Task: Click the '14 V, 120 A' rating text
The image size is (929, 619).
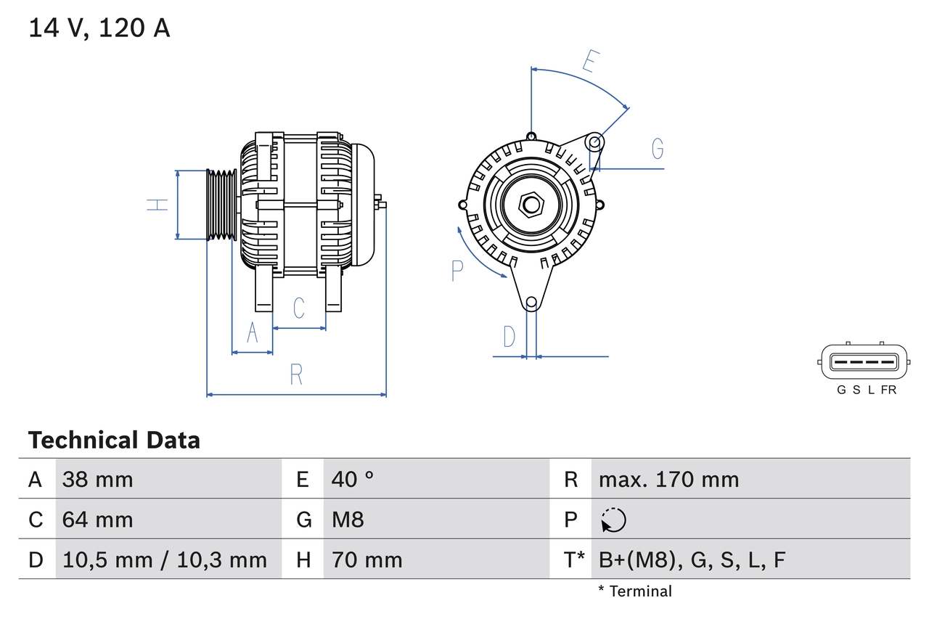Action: (x=99, y=28)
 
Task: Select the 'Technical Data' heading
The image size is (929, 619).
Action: (x=114, y=440)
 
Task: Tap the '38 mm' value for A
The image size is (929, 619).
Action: (x=97, y=480)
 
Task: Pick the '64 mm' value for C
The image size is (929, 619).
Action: (x=97, y=520)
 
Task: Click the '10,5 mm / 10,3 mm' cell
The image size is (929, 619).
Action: (x=165, y=560)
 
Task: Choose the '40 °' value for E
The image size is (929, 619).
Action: (x=353, y=480)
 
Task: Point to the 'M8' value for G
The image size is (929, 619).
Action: (x=348, y=520)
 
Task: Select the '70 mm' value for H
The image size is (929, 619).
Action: (x=367, y=560)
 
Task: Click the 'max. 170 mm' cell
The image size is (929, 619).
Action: (x=668, y=480)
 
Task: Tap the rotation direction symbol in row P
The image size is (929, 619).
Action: (x=613, y=520)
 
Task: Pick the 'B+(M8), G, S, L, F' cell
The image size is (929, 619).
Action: (x=692, y=560)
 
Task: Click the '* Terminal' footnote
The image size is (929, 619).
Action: (x=635, y=591)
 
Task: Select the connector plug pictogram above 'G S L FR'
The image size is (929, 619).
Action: (x=864, y=361)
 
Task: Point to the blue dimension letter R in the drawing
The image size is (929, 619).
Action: (x=296, y=375)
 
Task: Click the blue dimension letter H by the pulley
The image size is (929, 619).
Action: (x=157, y=205)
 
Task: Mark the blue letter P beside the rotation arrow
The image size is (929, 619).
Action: (x=457, y=271)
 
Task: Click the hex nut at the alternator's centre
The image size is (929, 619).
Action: (x=531, y=205)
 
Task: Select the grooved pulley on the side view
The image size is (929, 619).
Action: (x=221, y=205)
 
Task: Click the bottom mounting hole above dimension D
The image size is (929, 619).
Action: (x=531, y=302)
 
